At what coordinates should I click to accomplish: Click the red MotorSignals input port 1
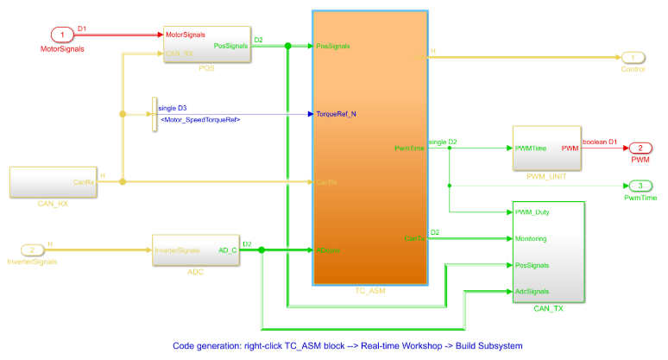click(62, 35)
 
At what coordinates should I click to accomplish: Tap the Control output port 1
click(633, 58)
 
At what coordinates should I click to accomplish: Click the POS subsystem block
click(206, 43)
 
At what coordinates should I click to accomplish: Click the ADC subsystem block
click(194, 250)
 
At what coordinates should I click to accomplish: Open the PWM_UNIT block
click(546, 148)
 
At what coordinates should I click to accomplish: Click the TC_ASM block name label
click(370, 291)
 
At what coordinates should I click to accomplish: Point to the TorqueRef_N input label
click(337, 113)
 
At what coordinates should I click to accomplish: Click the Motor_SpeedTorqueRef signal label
click(200, 119)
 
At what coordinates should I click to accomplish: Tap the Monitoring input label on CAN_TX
click(535, 238)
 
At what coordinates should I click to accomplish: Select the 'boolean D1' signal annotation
click(600, 142)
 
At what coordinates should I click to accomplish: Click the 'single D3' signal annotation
click(173, 108)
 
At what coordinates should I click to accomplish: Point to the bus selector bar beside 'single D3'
click(154, 113)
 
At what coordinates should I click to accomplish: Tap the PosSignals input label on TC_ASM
click(333, 46)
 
